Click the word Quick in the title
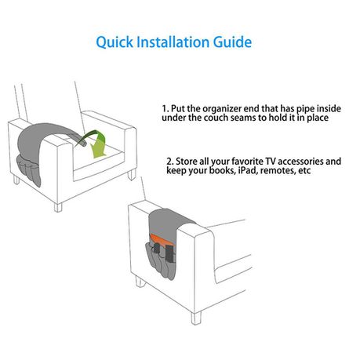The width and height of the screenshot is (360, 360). click(115, 42)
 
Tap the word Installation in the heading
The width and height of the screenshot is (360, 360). click(173, 42)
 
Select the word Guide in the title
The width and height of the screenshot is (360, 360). click(232, 42)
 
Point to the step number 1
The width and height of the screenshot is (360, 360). click(165, 108)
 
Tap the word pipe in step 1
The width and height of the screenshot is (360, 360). click(305, 109)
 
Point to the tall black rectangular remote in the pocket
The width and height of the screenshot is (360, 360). click(169, 254)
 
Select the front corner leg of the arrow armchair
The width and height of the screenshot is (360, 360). click(58, 207)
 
